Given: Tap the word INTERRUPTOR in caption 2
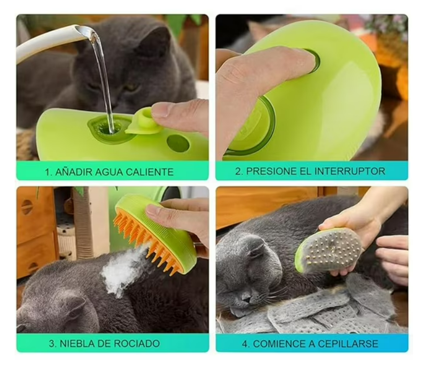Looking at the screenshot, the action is point(350,171).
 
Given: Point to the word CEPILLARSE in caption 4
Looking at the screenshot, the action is point(348,343).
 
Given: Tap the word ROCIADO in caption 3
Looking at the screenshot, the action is point(137,343).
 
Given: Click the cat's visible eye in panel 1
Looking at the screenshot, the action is point(131,87).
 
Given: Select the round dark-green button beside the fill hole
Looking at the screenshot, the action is point(178,143).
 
